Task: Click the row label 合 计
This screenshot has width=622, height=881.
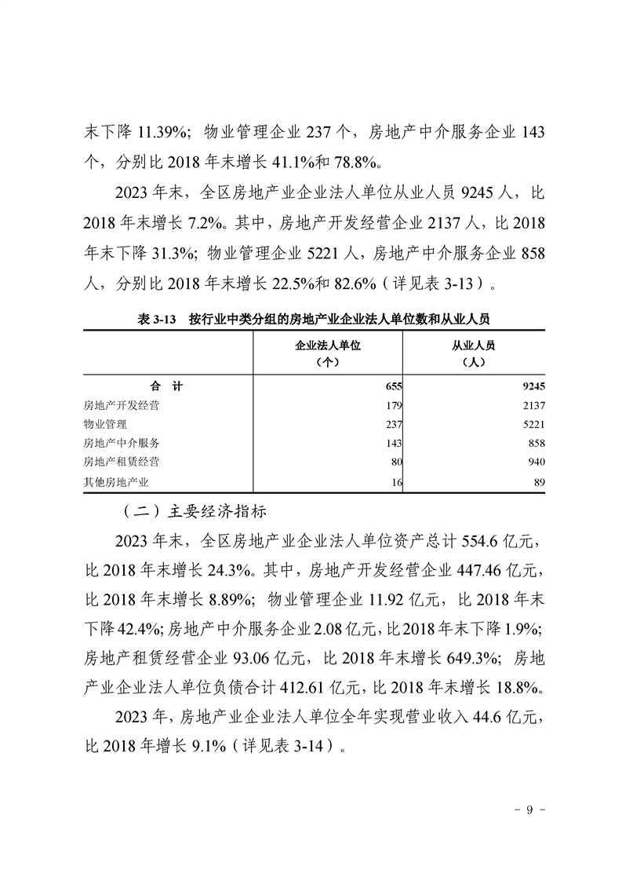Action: point(166,386)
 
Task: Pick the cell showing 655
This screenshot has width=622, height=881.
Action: point(393,386)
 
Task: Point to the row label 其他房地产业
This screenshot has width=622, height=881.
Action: point(116,481)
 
